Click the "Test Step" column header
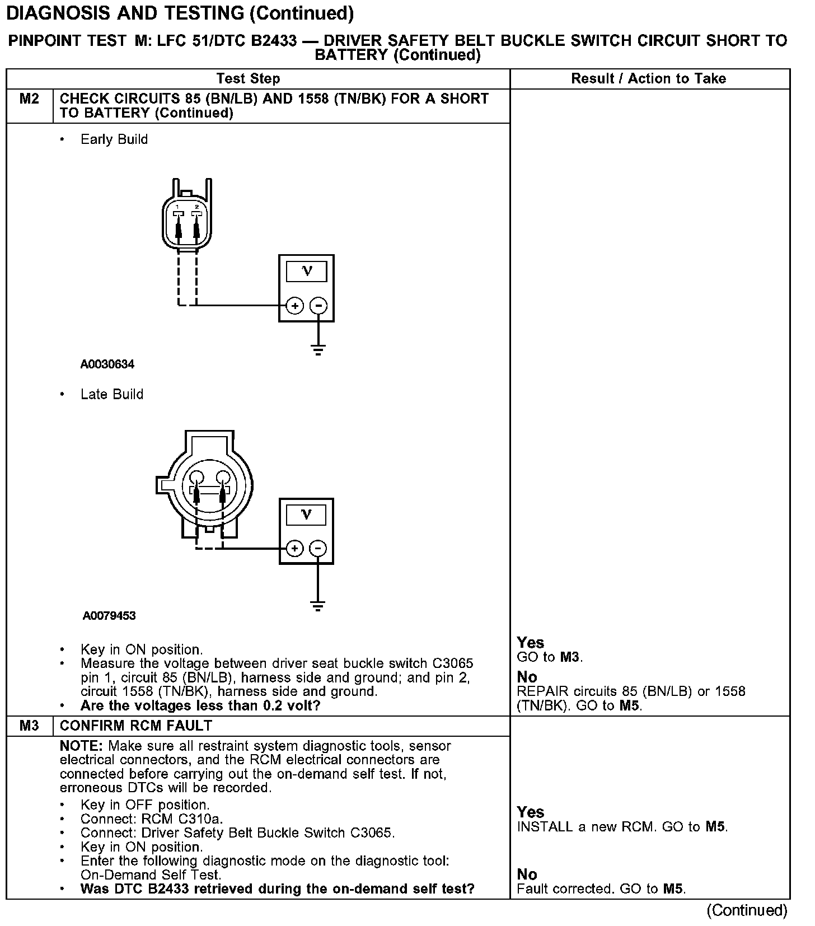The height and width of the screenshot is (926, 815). [x=248, y=78]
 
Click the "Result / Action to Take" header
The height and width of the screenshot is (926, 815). [x=648, y=78]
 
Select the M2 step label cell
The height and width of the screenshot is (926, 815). [x=30, y=99]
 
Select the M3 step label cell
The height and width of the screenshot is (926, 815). [x=30, y=726]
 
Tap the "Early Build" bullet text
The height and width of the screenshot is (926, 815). [x=114, y=139]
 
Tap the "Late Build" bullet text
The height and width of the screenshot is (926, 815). [x=112, y=394]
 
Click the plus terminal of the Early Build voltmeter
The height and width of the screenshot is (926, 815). [x=294, y=306]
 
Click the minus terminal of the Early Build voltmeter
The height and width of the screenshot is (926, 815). [x=318, y=306]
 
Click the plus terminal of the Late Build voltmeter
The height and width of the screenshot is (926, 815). [x=294, y=548]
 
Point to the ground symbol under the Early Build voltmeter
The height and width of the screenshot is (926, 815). [x=318, y=350]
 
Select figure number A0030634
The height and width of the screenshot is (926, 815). [x=107, y=364]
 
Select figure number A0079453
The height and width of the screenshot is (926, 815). [x=109, y=616]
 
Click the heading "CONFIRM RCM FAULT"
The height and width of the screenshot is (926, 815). [x=135, y=726]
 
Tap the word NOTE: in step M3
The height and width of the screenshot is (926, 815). [x=82, y=746]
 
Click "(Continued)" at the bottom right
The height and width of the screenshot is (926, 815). [x=746, y=910]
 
